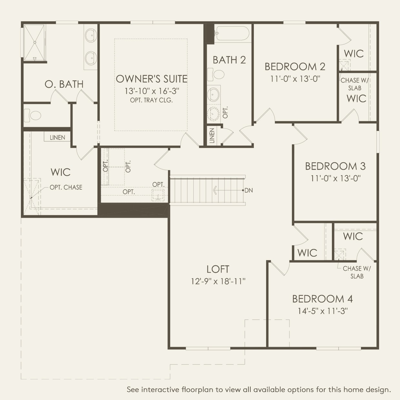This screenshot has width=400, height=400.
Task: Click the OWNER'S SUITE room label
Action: (x=151, y=79)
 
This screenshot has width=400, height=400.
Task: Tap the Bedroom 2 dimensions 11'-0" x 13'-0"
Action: (x=295, y=79)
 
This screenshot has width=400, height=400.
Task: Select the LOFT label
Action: (x=218, y=269)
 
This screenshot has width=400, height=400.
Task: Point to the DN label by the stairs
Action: (x=248, y=190)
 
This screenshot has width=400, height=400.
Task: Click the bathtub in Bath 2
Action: (x=232, y=33)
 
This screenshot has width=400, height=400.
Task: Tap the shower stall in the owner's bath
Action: (x=35, y=42)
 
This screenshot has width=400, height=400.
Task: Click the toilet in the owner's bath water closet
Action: (x=33, y=115)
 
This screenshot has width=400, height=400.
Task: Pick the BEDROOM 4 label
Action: (x=322, y=299)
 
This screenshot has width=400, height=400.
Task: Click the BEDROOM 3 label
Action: (x=335, y=166)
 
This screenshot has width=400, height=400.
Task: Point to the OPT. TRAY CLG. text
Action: (x=151, y=100)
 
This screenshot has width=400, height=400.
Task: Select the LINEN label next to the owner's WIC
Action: (x=57, y=137)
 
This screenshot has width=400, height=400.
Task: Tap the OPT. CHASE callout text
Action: (x=66, y=187)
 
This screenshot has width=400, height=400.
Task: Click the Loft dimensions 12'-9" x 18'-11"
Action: (x=218, y=282)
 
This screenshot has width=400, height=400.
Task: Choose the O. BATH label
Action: (x=64, y=84)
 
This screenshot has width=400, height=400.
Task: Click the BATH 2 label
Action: (x=229, y=60)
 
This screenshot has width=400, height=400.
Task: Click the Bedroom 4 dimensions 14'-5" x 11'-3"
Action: (x=322, y=311)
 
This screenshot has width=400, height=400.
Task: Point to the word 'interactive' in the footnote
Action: (x=161, y=390)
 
